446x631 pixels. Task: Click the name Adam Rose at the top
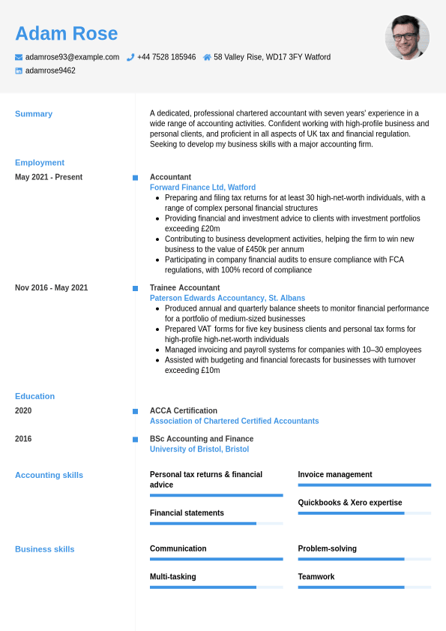[x=66, y=34]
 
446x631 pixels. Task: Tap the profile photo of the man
[x=407, y=38]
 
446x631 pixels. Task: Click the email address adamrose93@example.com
[x=72, y=57]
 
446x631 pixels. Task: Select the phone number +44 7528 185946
[x=166, y=57]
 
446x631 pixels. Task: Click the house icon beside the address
[x=207, y=57]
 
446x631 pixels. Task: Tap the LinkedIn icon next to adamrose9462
[x=19, y=71]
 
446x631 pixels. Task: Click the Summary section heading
[x=34, y=114]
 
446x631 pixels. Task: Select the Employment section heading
[x=40, y=163]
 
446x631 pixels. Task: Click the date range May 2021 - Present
[x=49, y=177]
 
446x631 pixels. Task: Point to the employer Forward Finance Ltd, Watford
[x=202, y=188]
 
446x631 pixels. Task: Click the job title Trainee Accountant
[x=184, y=288]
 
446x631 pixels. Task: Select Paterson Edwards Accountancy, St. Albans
[x=227, y=298]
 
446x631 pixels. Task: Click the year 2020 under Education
[x=23, y=411]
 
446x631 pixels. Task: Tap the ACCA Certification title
[x=184, y=411]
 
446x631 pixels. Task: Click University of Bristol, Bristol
[x=199, y=449]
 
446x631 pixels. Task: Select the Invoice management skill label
[x=335, y=475]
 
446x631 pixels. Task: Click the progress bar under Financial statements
[x=216, y=524]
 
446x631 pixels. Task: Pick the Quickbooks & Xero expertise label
[x=350, y=503]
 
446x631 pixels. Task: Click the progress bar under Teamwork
[x=364, y=587]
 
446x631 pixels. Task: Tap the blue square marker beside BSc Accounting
[x=135, y=440]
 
